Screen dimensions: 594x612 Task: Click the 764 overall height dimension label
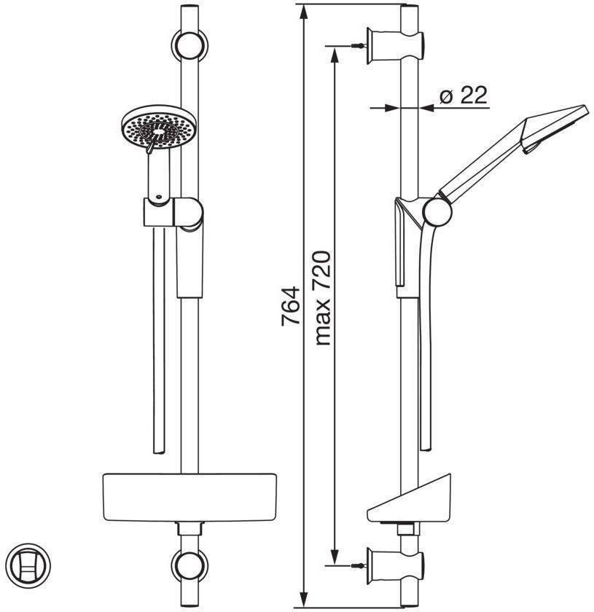[291, 306]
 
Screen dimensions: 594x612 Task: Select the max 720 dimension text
[323, 298]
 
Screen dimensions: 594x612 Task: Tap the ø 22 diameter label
[464, 95]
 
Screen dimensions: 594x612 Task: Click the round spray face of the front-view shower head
[160, 127]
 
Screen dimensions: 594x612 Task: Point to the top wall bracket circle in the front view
[189, 45]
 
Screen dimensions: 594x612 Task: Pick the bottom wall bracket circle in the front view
[189, 565]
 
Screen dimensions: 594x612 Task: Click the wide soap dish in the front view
[189, 498]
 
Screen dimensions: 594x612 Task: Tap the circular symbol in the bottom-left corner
[31, 565]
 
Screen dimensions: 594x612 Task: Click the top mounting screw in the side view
[359, 46]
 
